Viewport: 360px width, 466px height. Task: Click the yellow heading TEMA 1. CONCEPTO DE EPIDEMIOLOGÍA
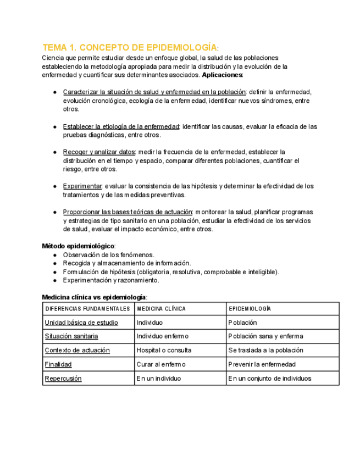tap(130, 47)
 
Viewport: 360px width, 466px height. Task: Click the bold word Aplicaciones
tap(223, 75)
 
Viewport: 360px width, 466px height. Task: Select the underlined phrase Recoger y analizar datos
tap(99, 152)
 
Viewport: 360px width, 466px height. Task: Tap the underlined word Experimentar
tap(82, 186)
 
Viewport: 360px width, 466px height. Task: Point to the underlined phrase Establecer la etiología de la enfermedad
tap(121, 126)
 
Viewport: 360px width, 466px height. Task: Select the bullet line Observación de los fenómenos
tap(108, 255)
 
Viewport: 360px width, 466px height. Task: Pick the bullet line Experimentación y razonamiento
tap(111, 280)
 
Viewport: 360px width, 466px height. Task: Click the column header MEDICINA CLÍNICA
tap(161, 309)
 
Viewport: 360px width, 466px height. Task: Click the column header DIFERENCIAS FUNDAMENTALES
tap(87, 309)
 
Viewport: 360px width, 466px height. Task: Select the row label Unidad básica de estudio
tap(81, 323)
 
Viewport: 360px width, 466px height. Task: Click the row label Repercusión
tap(63, 378)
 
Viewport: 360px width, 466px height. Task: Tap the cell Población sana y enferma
tap(265, 336)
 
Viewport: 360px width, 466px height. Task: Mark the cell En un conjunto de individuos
tap(269, 378)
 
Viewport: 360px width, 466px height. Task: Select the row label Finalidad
tap(58, 364)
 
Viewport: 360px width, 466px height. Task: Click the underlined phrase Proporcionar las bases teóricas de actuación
tap(128, 212)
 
